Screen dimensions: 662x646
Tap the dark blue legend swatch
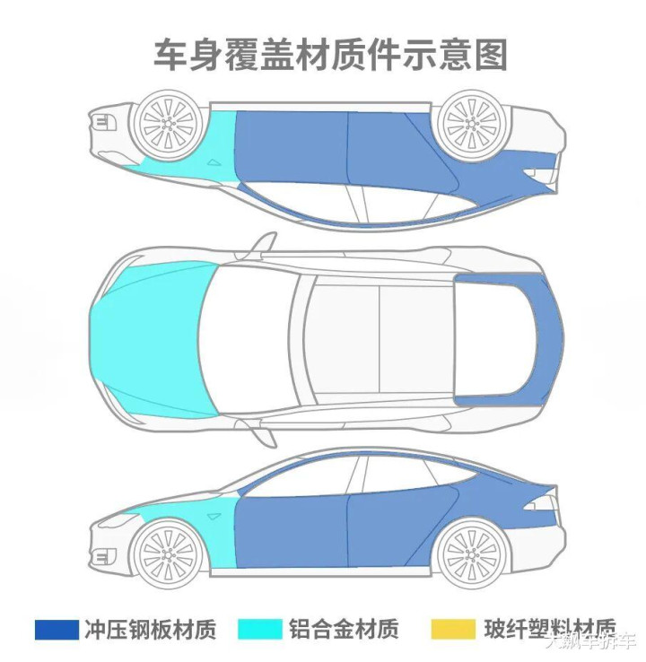coord(57,629)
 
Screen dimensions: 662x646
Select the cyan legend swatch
coord(259,629)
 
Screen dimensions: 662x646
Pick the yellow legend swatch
coord(452,629)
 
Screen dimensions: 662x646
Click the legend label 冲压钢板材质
coord(152,629)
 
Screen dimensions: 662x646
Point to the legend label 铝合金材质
coord(344,629)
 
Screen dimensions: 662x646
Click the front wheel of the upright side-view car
coord(168,549)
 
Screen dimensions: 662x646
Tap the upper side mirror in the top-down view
coord(264,244)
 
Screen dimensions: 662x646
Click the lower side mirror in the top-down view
coord(264,434)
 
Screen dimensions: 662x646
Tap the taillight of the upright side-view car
coord(541,503)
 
